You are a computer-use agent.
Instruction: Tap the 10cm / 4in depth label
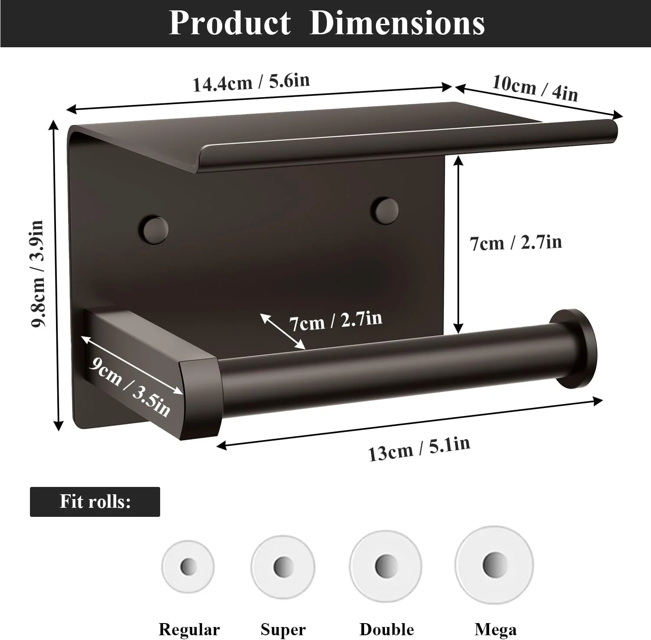coord(535,88)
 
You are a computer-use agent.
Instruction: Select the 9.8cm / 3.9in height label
coord(38,274)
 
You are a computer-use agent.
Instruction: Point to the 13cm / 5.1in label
coord(419,449)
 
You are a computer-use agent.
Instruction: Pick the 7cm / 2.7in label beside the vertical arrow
coord(516,243)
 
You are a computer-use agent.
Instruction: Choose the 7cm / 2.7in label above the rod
coord(335,321)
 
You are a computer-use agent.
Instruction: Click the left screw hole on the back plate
coord(153,229)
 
